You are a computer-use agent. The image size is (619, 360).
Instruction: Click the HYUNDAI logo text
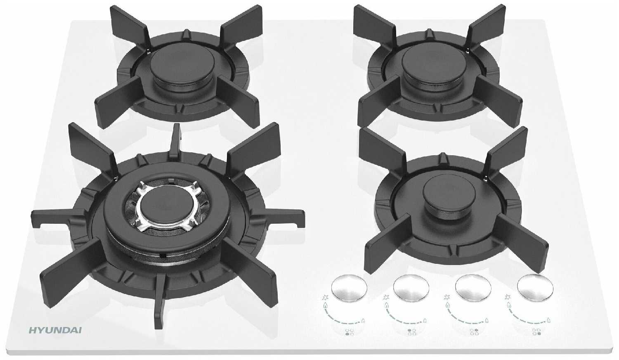(x=55, y=330)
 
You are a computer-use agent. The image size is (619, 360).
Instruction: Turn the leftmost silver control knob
(x=349, y=288)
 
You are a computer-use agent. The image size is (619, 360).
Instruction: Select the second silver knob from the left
(x=411, y=288)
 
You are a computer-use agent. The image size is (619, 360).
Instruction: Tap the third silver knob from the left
(x=473, y=288)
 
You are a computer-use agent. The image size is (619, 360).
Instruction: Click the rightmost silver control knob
(x=535, y=288)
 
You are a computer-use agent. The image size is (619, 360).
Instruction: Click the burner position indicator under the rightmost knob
(x=536, y=332)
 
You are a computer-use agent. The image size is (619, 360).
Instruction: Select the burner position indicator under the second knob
(x=412, y=332)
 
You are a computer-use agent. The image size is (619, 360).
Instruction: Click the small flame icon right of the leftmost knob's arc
(x=363, y=321)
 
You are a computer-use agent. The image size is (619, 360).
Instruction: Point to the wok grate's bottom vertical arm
(x=160, y=301)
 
